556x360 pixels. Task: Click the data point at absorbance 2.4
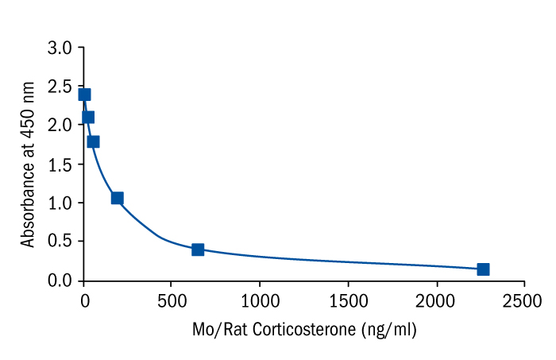(x=84, y=95)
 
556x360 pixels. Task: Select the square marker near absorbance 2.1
(x=87, y=117)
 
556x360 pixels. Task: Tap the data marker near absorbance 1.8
(x=93, y=141)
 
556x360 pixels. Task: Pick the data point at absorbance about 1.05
(x=117, y=198)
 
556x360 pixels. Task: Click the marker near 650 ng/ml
(x=198, y=250)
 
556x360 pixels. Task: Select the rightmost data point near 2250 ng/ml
(x=483, y=269)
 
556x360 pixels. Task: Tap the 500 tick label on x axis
(x=172, y=300)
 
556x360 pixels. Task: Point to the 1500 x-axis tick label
(x=348, y=300)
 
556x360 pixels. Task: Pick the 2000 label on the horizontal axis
(x=436, y=300)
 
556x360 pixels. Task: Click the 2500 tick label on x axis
(x=524, y=300)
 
